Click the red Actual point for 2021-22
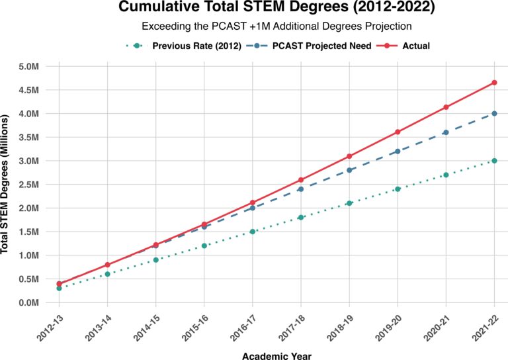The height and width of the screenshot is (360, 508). tap(494, 83)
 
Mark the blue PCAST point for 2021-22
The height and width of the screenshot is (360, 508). tap(494, 114)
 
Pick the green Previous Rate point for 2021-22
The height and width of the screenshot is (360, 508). tap(494, 161)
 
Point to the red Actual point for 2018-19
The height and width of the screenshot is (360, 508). tap(349, 156)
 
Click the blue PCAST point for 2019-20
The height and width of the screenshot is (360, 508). tap(398, 152)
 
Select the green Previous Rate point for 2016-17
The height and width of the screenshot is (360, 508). tap(252, 232)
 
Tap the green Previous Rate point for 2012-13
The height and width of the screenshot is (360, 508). tap(59, 288)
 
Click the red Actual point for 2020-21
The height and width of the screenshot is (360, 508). tap(446, 107)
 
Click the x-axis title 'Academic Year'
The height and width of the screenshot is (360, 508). tap(276, 355)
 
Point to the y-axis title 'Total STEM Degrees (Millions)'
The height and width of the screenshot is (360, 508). tap(6, 185)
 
